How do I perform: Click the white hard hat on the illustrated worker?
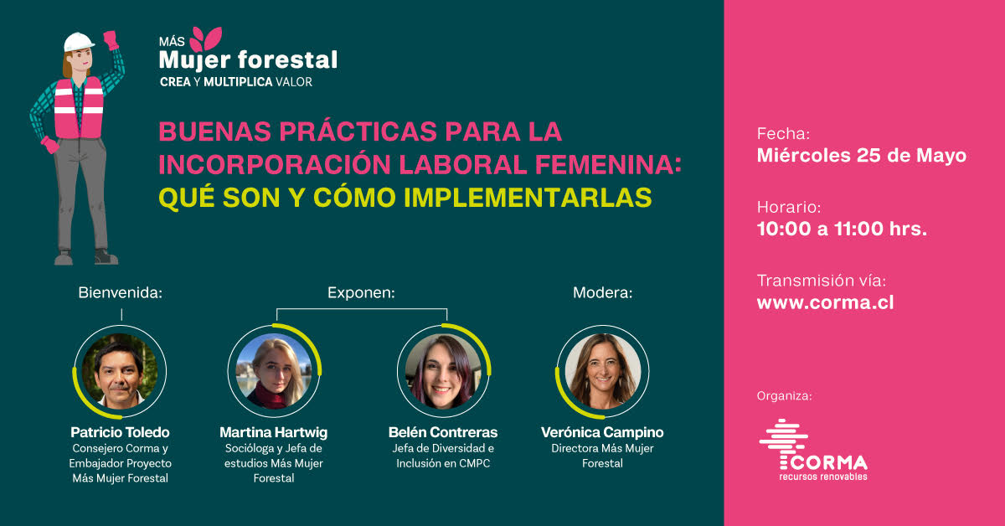click(79, 42)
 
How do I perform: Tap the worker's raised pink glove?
click(111, 39)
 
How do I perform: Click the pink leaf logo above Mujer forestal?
click(206, 39)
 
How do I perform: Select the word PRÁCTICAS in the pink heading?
click(358, 131)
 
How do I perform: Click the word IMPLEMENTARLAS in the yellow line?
click(528, 198)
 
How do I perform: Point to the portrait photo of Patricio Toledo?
click(119, 371)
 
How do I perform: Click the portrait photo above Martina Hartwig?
click(274, 371)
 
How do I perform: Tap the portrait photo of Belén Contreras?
click(443, 371)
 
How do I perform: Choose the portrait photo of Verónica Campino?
click(602, 371)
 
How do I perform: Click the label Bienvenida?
click(121, 292)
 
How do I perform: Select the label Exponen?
click(361, 292)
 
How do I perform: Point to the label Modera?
click(602, 292)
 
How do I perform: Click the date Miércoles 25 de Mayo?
click(862, 155)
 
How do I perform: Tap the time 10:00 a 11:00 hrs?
click(842, 229)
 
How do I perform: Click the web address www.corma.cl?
click(825, 302)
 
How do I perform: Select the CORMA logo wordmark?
click(823, 462)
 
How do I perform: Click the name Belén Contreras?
click(443, 432)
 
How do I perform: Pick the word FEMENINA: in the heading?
click(608, 164)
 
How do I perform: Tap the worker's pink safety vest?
click(79, 108)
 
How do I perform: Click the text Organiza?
click(784, 396)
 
